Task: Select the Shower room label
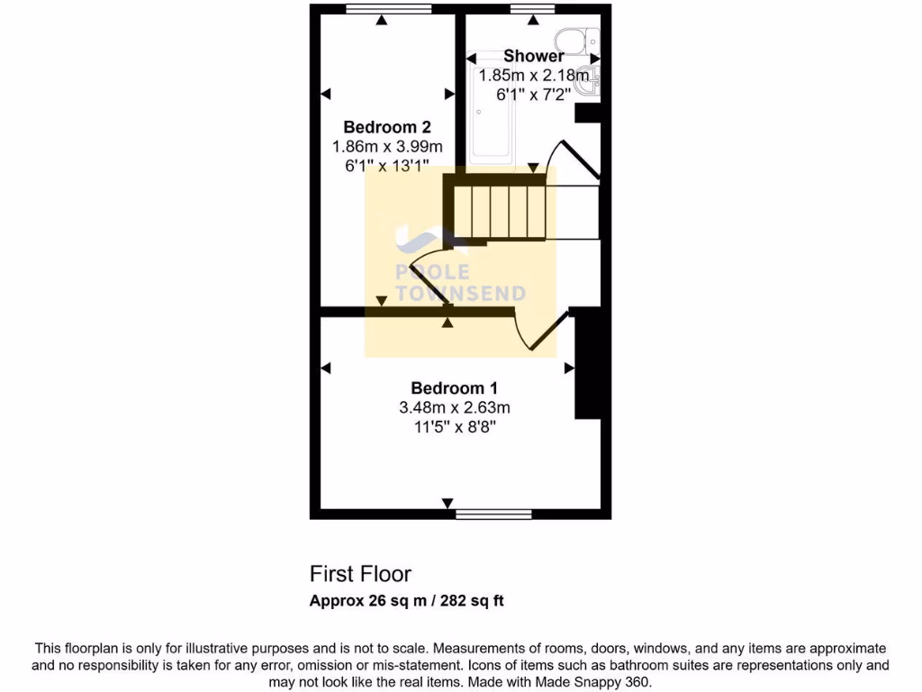pos(534,57)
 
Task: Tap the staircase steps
pos(500,213)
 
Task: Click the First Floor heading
pos(360,573)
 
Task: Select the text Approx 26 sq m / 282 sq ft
pos(406,601)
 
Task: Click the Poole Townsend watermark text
pos(461,282)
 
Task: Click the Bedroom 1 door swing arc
pos(531,333)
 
